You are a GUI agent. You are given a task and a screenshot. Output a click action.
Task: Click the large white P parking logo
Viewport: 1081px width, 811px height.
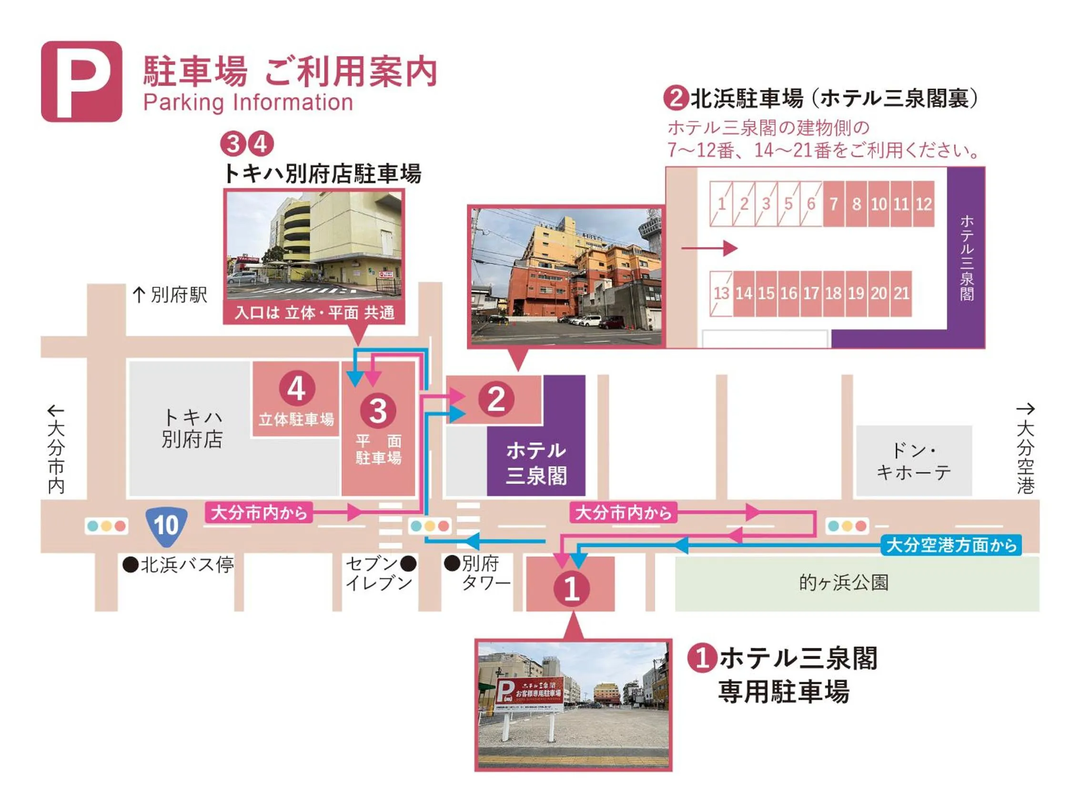click(x=81, y=81)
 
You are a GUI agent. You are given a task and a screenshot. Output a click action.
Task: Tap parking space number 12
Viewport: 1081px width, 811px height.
click(x=923, y=204)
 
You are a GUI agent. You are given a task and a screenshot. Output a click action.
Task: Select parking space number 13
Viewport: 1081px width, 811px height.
click(x=721, y=294)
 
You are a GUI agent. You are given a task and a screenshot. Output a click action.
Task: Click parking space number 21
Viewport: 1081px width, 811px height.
click(x=901, y=294)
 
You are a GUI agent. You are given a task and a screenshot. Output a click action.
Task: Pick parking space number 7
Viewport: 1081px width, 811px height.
click(x=834, y=204)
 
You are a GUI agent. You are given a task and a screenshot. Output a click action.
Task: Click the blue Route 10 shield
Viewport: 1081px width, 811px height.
click(x=167, y=526)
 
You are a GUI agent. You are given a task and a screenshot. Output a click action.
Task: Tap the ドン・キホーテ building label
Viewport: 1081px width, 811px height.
click(x=913, y=461)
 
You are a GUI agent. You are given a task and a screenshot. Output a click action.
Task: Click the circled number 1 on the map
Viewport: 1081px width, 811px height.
click(x=571, y=588)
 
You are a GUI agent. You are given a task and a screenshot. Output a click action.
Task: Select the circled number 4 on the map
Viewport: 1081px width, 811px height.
click(x=296, y=389)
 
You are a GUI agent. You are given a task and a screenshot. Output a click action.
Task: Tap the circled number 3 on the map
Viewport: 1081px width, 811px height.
click(x=378, y=411)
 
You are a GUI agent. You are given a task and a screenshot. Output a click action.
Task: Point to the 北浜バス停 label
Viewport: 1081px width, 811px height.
click(x=179, y=565)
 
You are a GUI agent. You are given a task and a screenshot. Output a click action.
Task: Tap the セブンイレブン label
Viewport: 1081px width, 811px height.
click(x=380, y=573)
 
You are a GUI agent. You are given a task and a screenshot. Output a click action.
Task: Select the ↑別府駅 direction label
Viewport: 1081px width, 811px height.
click(x=170, y=295)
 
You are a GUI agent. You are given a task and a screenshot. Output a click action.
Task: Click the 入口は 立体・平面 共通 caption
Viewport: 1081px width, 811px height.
click(x=314, y=313)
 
